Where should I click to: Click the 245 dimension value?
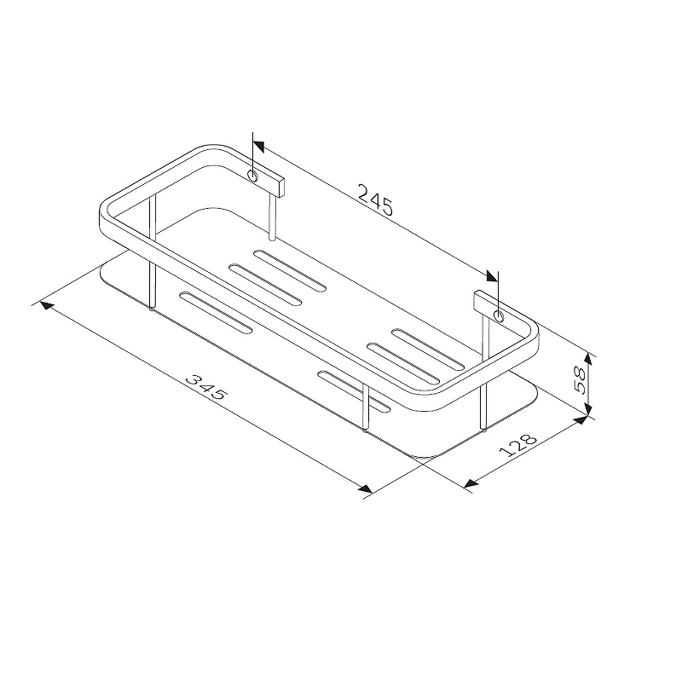(375, 200)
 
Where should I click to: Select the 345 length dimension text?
(206, 387)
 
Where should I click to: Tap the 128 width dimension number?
(517, 445)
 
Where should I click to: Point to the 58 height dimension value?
(581, 379)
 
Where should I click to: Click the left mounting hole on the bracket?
(252, 176)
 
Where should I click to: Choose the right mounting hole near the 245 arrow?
(499, 315)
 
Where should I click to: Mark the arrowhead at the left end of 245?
(258, 147)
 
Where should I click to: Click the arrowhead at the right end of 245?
(493, 276)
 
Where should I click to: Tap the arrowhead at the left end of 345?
(47, 305)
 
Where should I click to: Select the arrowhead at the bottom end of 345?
(366, 488)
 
